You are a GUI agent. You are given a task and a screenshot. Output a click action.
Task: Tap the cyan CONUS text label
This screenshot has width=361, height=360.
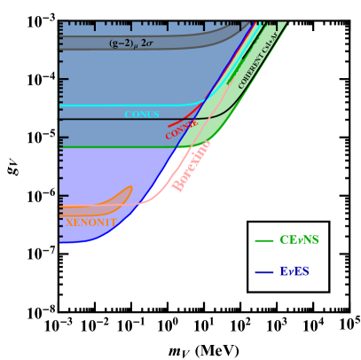point(142,114)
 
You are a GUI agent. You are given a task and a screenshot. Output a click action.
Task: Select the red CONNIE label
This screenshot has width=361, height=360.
point(181,131)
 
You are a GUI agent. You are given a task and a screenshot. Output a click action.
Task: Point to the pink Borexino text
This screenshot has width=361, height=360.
point(192,165)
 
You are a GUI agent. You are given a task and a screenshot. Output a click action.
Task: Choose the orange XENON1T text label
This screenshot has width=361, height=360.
point(90,223)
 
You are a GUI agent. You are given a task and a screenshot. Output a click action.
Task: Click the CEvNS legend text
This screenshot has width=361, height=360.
point(299,240)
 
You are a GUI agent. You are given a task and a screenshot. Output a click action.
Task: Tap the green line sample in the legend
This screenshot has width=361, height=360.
point(263,240)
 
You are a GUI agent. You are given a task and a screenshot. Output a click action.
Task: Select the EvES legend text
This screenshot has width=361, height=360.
point(294,271)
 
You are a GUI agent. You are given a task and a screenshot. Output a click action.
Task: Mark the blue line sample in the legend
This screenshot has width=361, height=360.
point(263,272)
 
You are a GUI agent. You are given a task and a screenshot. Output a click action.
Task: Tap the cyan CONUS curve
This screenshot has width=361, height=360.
point(98,106)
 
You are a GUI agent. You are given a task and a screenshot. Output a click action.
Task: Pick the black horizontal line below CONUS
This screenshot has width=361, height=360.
point(98,120)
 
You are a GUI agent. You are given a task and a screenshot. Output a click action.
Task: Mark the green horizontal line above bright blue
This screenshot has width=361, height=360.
point(98,147)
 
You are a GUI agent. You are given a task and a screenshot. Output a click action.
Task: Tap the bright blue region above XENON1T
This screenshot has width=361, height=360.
point(98,173)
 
